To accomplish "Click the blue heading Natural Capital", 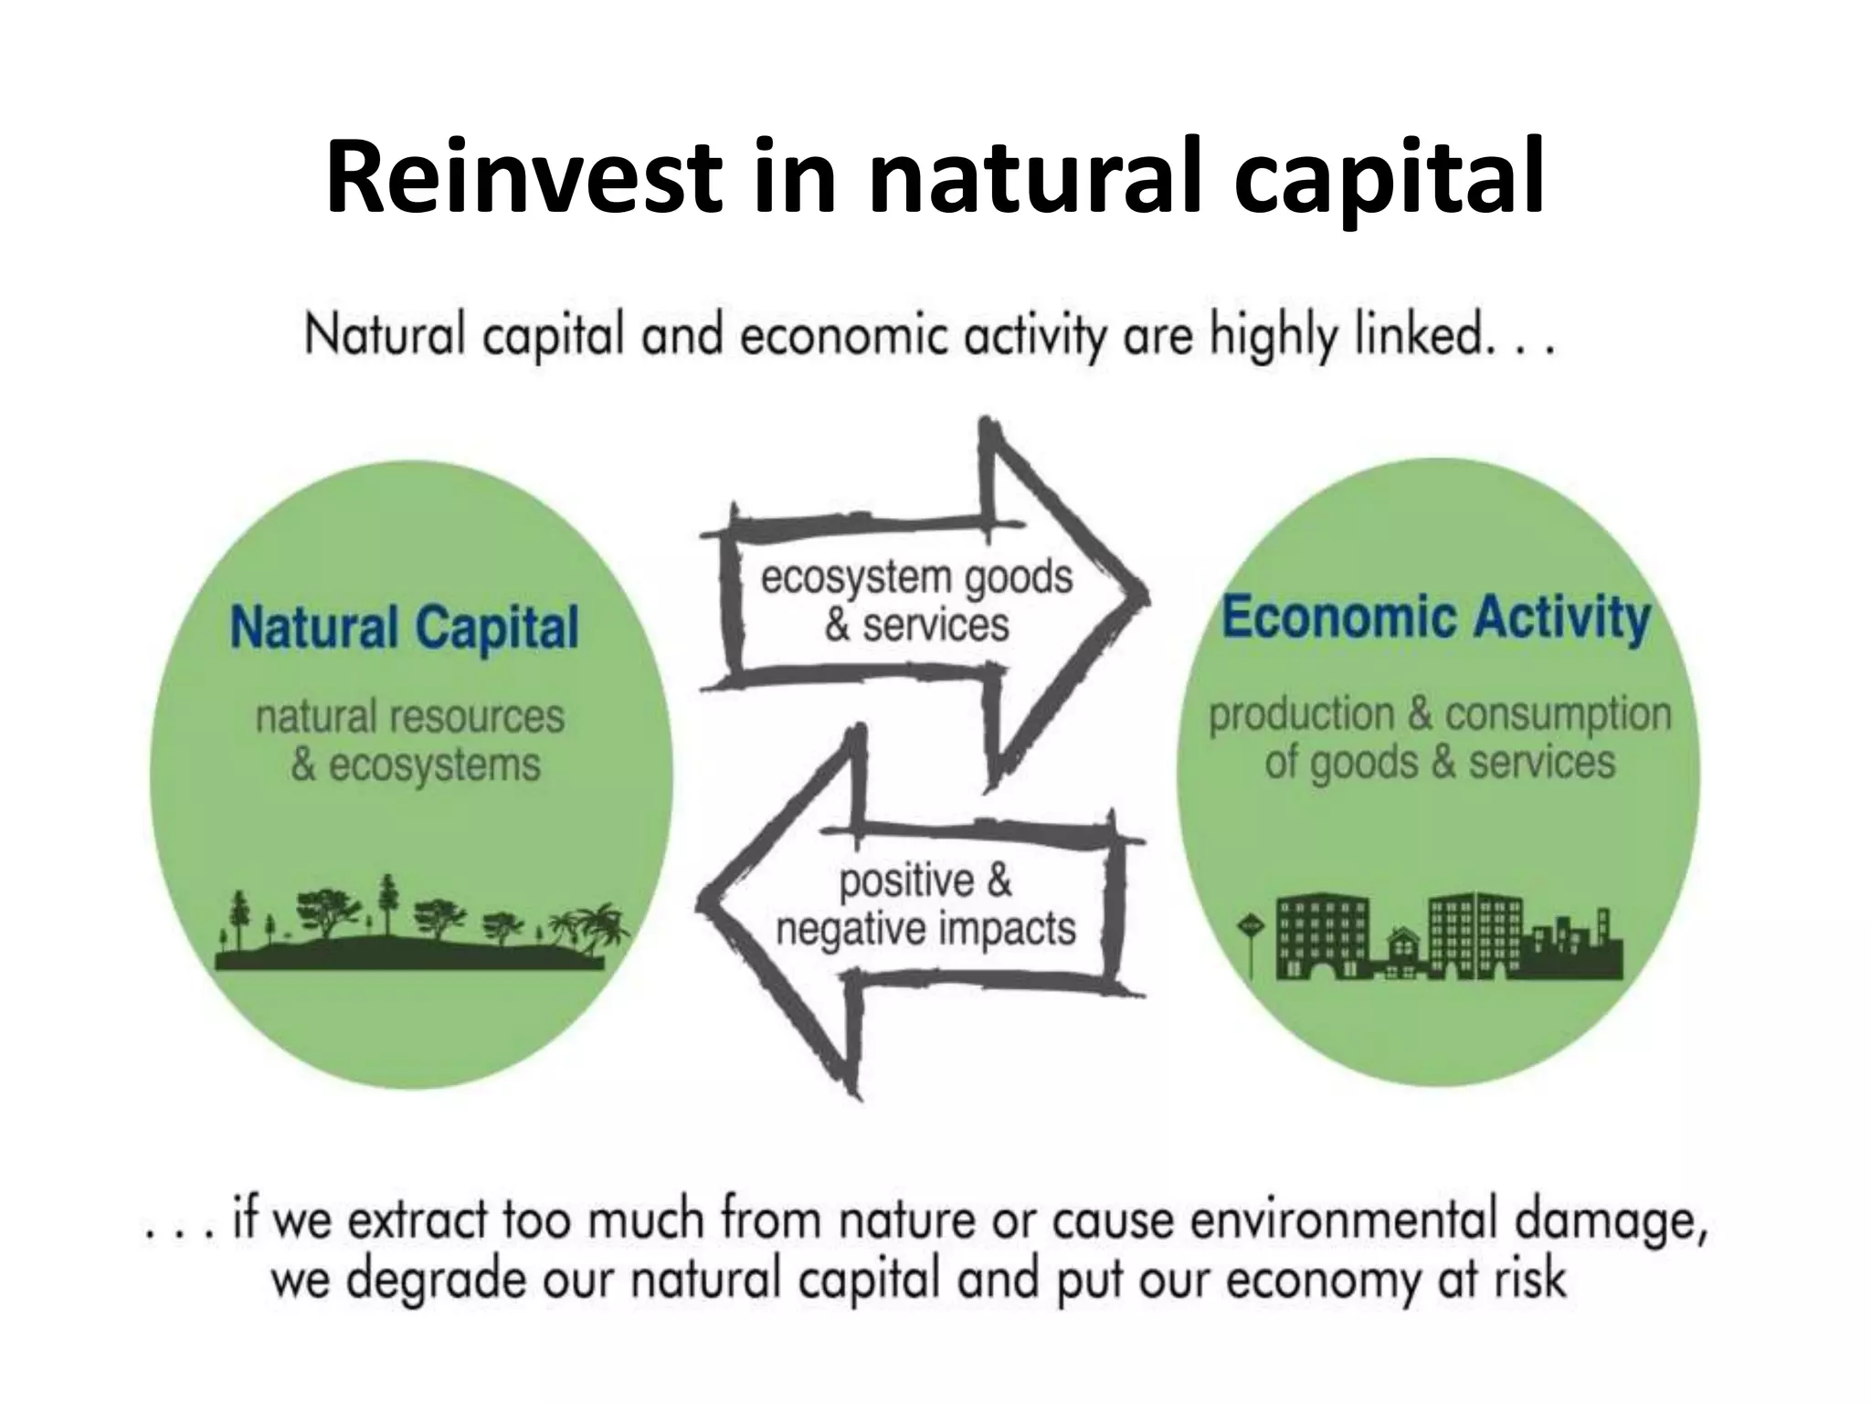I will (x=404, y=628).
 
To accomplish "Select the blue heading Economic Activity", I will (x=1436, y=617).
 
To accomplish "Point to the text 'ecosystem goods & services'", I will (x=916, y=601).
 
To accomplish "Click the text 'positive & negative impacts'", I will (x=925, y=905).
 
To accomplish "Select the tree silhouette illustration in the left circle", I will (x=411, y=923).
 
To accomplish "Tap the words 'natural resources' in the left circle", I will (x=410, y=717).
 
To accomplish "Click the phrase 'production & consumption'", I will (x=1440, y=714).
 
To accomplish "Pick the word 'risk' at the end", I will (x=1529, y=1280).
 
